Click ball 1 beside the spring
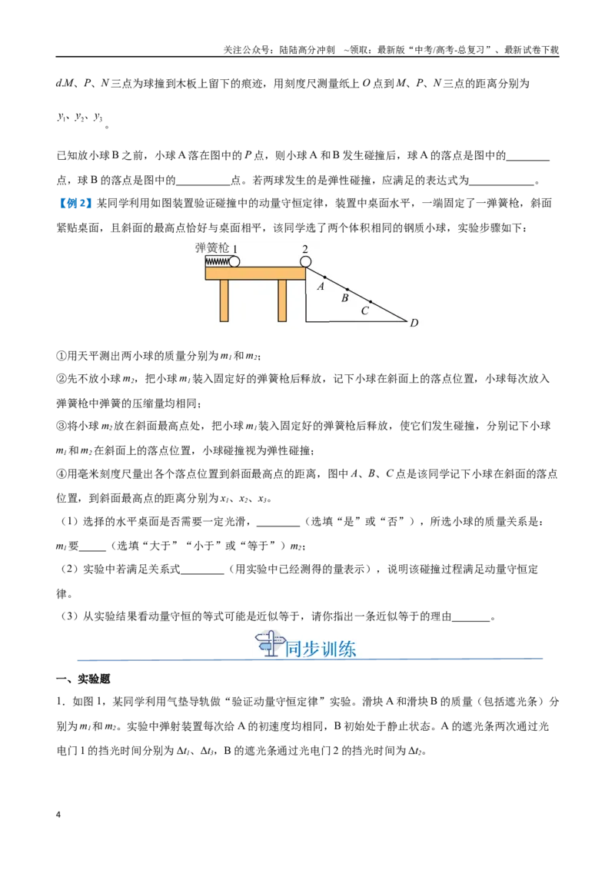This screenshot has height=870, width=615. [234, 261]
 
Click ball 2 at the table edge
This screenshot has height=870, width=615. [305, 262]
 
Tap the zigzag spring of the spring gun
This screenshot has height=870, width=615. [217, 261]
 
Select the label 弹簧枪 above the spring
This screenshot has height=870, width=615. [212, 248]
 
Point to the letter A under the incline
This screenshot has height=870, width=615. [321, 287]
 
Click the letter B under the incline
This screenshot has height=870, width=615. [344, 298]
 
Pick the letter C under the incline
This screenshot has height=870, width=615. [364, 310]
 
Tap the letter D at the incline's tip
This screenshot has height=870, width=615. [414, 322]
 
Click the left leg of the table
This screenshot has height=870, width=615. [224, 301]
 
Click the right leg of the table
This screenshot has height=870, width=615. [283, 301]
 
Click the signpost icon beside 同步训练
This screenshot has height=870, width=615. [268, 645]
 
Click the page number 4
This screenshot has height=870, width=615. [58, 815]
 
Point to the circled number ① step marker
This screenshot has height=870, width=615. [61, 356]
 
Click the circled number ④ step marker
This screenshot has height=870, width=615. [61, 474]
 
